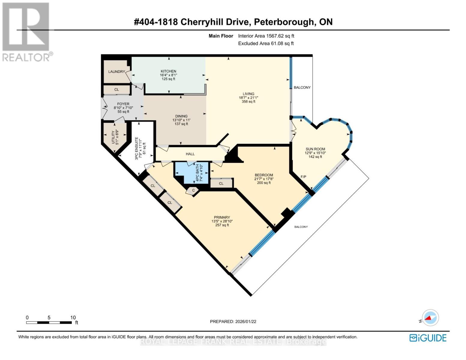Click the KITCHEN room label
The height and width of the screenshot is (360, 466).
click(x=168, y=71)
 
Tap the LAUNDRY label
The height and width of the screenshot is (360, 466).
click(x=117, y=72)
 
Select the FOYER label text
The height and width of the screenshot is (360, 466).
click(x=123, y=104)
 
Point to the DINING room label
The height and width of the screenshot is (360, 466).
click(x=181, y=116)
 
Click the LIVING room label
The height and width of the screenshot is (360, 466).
click(x=248, y=94)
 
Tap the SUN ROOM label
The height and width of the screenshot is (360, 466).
click(x=315, y=149)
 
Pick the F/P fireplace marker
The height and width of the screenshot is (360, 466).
click(x=303, y=177)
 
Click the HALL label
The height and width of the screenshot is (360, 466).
click(x=190, y=154)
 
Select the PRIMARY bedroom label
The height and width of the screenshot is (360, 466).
click(x=222, y=217)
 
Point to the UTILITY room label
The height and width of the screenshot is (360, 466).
click(x=113, y=137)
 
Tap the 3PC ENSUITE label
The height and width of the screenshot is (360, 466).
click(x=137, y=148)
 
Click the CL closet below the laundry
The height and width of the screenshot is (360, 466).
click(x=117, y=90)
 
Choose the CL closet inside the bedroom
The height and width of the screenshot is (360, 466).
click(x=221, y=184)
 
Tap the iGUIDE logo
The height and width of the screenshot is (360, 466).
click(x=428, y=338)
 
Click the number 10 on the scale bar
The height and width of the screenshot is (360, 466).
click(x=73, y=317)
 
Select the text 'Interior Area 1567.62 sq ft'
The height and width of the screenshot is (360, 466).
click(x=266, y=36)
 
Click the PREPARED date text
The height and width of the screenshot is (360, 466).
click(x=233, y=322)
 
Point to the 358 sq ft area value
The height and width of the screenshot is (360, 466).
click(x=248, y=102)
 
